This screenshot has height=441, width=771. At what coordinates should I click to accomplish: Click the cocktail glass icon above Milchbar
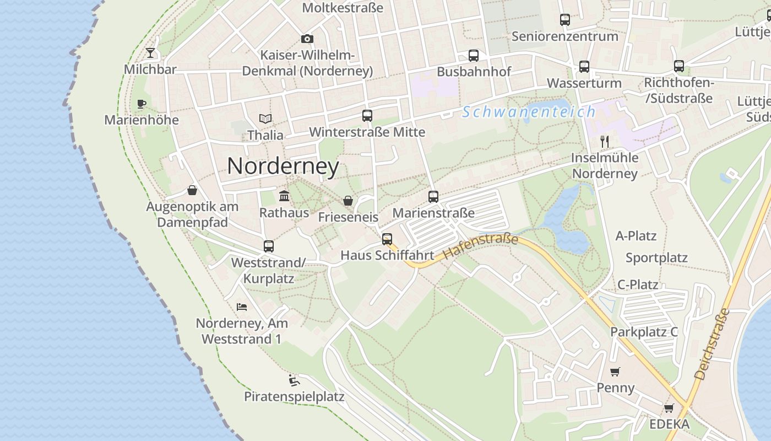pyautogui.click(x=150, y=53)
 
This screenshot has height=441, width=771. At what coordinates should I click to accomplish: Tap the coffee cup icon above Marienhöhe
pyautogui.click(x=142, y=104)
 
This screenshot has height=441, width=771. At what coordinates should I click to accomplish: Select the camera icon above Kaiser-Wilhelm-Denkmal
pyautogui.click(x=307, y=39)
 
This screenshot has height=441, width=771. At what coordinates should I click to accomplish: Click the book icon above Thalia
pyautogui.click(x=265, y=119)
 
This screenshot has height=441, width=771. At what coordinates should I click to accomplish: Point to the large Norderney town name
pyautogui.click(x=283, y=166)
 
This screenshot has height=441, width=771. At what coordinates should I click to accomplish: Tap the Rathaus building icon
pyautogui.click(x=284, y=196)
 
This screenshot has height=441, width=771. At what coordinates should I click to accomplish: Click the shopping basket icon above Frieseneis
pyautogui.click(x=348, y=201)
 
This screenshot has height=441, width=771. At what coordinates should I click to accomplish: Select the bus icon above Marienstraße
pyautogui.click(x=433, y=196)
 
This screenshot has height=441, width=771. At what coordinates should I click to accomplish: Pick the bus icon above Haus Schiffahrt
pyautogui.click(x=387, y=239)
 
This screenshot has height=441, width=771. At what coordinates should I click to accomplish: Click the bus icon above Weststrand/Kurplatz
pyautogui.click(x=269, y=246)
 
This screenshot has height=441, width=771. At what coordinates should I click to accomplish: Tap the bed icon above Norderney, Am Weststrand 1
pyautogui.click(x=241, y=306)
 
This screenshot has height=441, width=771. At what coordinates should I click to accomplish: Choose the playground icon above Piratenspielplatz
pyautogui.click(x=294, y=380)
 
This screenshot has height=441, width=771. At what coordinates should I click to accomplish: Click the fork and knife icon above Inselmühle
pyautogui.click(x=605, y=141)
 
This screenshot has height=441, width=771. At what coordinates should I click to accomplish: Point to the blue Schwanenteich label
pyautogui.click(x=529, y=112)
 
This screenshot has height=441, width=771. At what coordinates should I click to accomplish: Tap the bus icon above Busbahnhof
pyautogui.click(x=474, y=55)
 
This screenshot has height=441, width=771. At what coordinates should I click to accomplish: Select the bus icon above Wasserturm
pyautogui.click(x=584, y=67)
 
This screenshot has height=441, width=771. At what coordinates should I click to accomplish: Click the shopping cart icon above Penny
pyautogui.click(x=615, y=372)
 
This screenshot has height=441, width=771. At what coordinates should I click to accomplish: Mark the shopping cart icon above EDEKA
pyautogui.click(x=669, y=408)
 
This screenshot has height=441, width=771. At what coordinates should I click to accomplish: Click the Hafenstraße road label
pyautogui.click(x=480, y=246)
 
